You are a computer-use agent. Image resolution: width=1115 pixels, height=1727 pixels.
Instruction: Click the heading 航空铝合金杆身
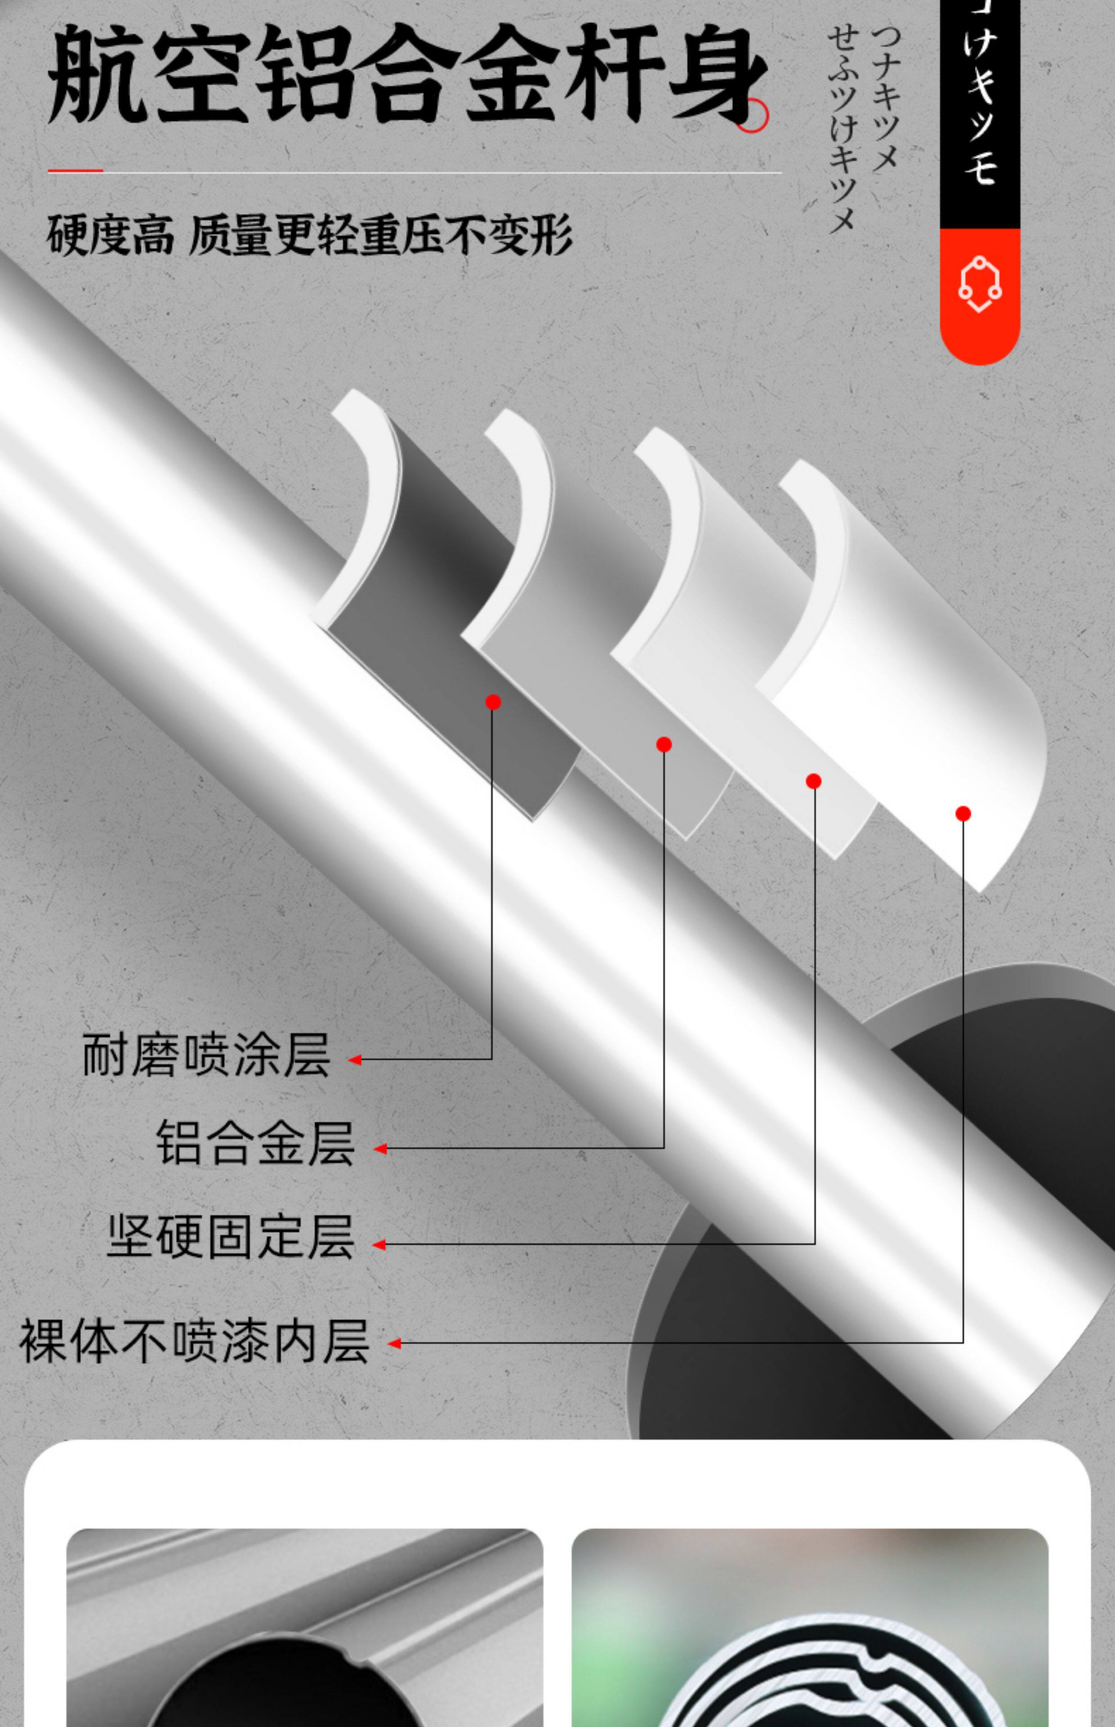(x=406, y=76)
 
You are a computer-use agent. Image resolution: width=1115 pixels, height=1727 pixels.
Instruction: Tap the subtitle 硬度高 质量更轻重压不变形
(x=309, y=235)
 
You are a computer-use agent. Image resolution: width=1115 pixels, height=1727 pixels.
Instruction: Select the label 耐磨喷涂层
(x=206, y=1056)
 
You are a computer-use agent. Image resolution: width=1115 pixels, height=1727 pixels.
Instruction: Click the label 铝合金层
(x=255, y=1143)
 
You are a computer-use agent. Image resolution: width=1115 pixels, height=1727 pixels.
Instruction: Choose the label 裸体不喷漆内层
(x=194, y=1341)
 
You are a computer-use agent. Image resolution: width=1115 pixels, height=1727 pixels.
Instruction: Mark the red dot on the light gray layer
(x=813, y=781)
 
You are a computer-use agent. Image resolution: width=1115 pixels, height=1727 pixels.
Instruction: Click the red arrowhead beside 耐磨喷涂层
(x=355, y=1060)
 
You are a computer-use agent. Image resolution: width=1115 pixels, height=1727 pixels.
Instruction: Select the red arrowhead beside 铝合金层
(x=380, y=1149)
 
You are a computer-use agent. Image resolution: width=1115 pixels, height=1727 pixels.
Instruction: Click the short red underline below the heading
(x=75, y=171)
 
